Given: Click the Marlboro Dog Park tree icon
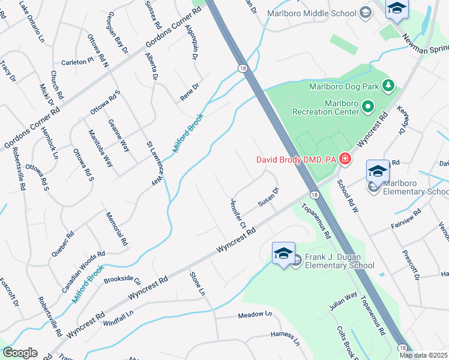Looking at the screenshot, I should point(388,86).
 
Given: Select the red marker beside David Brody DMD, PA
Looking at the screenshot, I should point(345,159).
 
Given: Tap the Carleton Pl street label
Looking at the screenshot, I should point(78,61).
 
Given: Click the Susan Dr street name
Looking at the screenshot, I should point(268,197).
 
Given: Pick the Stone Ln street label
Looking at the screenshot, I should point(197,284).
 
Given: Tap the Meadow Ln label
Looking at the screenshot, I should point(255,314).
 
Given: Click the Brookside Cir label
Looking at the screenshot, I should point(122,280).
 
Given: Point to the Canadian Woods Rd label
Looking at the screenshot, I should point(83,272).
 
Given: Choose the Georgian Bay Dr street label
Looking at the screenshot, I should point(117,36).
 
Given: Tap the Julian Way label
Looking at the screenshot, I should point(343,301).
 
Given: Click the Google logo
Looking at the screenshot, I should point(20,353).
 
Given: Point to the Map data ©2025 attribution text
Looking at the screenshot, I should point(423,355).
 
